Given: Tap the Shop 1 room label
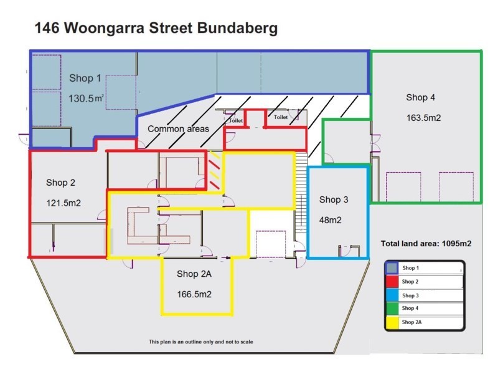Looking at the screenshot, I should tap(85, 79).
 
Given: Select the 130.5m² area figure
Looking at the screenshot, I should tap(85, 98).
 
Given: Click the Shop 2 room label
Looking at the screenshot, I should tap(60, 183).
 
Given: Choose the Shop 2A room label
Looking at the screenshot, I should tap(196, 274).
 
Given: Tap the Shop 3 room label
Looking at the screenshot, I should tap(334, 199).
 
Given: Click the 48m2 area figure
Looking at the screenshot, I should tap(331, 219).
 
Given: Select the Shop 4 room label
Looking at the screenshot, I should tap(421, 97).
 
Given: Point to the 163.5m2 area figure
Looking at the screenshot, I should tap(423, 117).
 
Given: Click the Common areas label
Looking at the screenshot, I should tap(178, 129).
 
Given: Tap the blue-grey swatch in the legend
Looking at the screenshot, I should tap(393, 267).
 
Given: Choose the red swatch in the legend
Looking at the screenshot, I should tap(393, 281).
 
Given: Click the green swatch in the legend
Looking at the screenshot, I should tap(393, 308).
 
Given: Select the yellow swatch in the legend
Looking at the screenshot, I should tap(393, 322).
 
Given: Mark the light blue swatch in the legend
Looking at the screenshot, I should tap(393, 295).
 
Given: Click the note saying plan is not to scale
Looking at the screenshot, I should tap(200, 342).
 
